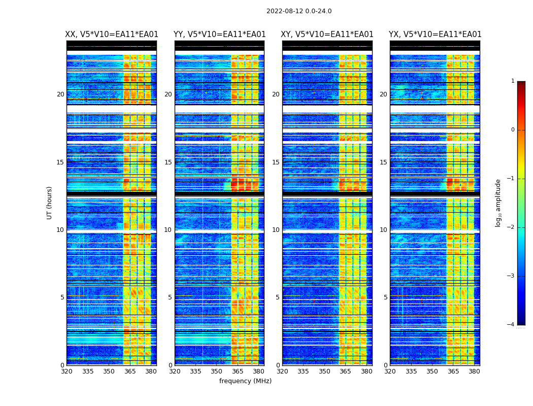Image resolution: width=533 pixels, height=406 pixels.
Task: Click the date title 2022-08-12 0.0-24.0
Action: pos(299,11)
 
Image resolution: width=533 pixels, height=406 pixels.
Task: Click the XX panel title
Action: pos(112,35)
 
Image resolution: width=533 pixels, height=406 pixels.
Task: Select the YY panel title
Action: pos(219,35)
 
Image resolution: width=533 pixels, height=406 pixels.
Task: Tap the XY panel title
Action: pos(327,35)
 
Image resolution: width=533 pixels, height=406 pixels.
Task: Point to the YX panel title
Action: pos(435,35)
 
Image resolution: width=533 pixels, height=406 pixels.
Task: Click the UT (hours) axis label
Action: pos(50,202)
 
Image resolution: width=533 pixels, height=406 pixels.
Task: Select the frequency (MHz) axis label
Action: pos(245,381)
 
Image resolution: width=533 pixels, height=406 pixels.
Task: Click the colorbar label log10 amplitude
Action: pos(498,202)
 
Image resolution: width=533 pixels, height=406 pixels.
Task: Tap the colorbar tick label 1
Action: pos(513,81)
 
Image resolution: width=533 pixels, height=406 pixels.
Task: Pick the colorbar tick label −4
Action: pos(511,325)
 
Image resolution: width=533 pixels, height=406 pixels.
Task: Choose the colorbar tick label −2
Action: pos(511,227)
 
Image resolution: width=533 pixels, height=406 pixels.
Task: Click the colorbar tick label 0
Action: pos(513,130)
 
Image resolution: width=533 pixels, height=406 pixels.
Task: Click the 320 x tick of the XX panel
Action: pos(66,371)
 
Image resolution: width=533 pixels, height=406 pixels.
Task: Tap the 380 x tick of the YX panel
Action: pos(474,371)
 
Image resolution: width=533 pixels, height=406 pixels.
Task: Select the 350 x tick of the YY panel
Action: pos(217,371)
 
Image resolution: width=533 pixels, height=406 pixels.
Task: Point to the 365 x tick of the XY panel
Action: pos(345,371)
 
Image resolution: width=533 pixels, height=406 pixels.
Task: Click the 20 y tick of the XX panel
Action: pos(60,94)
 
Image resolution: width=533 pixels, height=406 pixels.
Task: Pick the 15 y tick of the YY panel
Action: pos(168,162)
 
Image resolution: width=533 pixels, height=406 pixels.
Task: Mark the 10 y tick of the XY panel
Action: pos(276,230)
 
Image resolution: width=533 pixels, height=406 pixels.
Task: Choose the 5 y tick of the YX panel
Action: pos(385,297)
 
